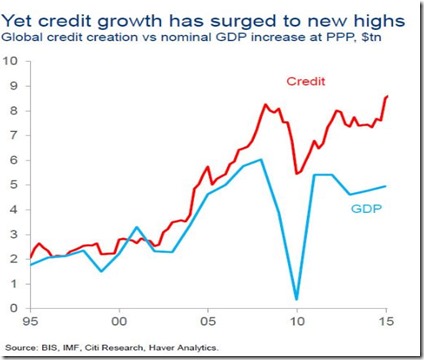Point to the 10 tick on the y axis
(x=13, y=61)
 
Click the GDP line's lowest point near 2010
(x=297, y=298)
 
